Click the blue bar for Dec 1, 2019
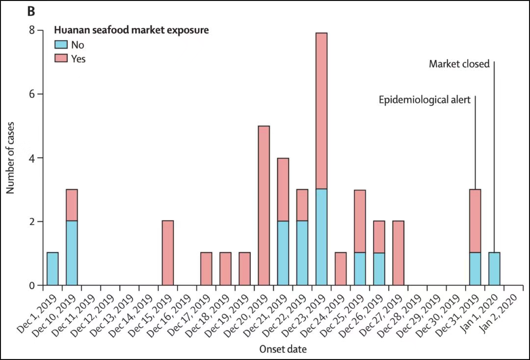[x=53, y=269]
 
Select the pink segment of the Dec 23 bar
[x=321, y=111]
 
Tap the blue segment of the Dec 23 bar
[x=321, y=237]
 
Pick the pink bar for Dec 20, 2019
[x=264, y=205]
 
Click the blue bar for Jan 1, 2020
[x=494, y=269]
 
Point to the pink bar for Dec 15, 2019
[x=168, y=253]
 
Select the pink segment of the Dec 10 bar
[x=72, y=205]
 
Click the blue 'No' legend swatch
[x=60, y=45]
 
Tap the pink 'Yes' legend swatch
[x=60, y=59]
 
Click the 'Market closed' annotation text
[x=459, y=64]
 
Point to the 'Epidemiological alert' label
[x=424, y=100]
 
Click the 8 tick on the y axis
[x=32, y=30]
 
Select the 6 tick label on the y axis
[x=32, y=94]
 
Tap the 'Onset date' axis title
[x=283, y=349]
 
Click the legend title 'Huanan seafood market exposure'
[x=131, y=30]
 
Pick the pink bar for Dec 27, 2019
[x=398, y=253]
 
